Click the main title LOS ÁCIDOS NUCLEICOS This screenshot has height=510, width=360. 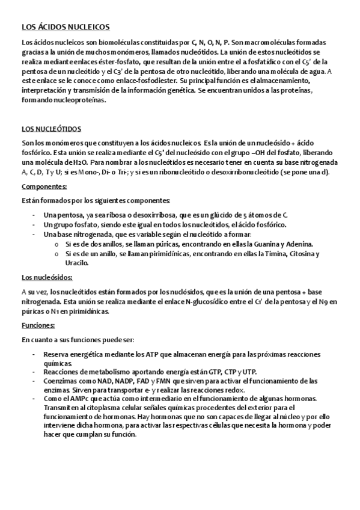click(65, 26)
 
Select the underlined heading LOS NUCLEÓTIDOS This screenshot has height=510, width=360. click(51, 129)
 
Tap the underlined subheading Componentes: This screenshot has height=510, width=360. click(44, 187)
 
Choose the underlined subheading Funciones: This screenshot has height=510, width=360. click(38, 325)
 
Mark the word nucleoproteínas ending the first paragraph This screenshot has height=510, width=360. click(76, 100)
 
